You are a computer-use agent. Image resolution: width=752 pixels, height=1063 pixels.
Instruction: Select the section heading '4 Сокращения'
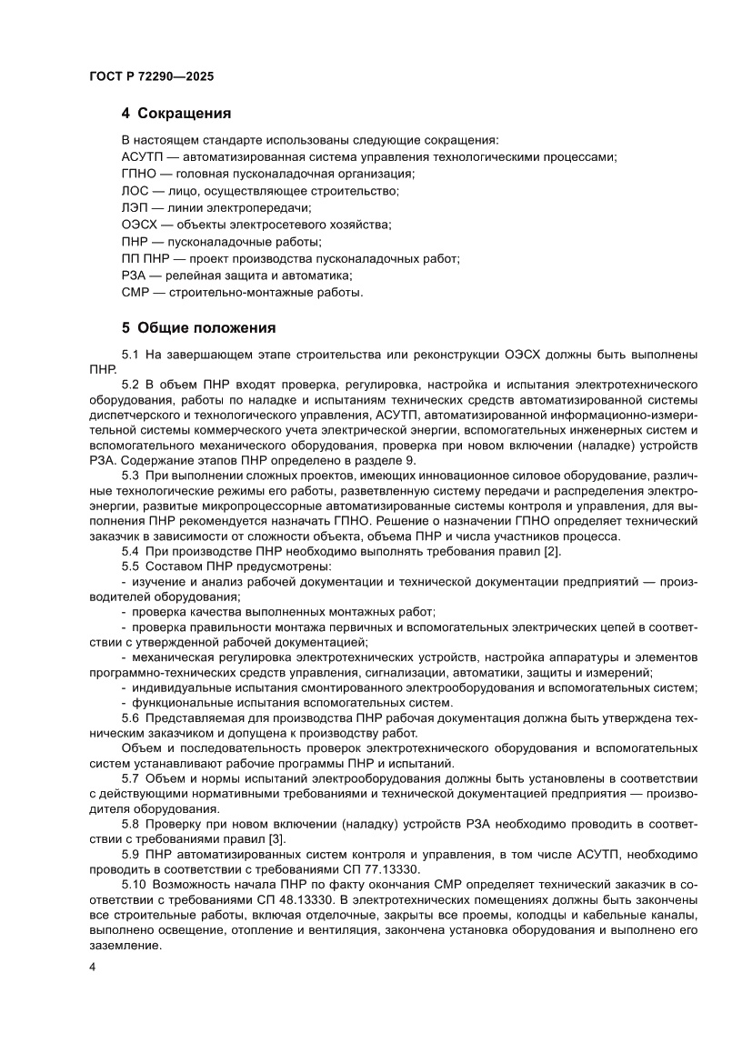click(175, 114)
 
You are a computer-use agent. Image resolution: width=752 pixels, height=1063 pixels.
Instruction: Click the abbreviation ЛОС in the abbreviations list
click(135, 190)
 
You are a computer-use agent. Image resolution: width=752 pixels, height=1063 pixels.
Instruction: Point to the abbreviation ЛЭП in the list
click(135, 207)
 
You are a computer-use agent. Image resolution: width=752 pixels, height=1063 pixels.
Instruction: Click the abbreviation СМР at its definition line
click(135, 293)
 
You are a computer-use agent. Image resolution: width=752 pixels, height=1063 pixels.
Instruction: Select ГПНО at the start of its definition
click(138, 173)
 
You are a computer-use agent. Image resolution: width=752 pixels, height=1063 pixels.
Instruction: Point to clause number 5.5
click(131, 567)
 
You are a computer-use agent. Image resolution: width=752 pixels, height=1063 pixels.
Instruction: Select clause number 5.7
click(131, 779)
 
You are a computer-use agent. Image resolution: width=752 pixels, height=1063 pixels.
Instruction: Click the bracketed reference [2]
click(552, 551)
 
